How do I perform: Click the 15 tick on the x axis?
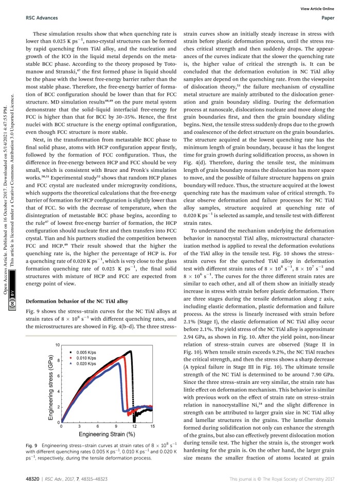click(x=152, y=427)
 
